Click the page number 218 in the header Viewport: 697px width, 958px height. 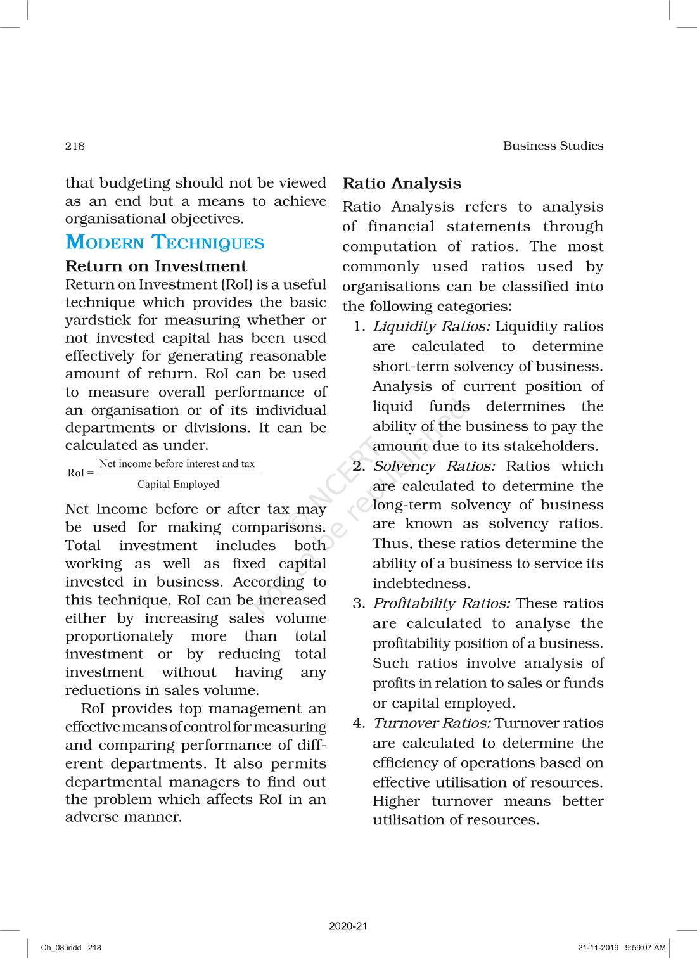click(75, 146)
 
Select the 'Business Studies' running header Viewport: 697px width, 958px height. click(553, 146)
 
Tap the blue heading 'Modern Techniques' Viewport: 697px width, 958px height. click(165, 243)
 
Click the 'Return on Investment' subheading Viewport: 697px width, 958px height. click(156, 266)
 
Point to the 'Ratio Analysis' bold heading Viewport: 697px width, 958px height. click(402, 184)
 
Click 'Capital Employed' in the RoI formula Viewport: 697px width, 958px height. click(178, 485)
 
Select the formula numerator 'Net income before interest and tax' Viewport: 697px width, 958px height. click(177, 464)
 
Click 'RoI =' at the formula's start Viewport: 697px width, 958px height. click(80, 473)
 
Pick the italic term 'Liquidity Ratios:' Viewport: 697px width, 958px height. click(431, 327)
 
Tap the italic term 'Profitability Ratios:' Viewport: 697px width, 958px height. click(442, 604)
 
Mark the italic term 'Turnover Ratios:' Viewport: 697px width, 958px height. click(432, 724)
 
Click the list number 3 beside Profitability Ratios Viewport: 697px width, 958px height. click(359, 604)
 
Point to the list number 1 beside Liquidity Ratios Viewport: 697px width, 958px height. click(359, 327)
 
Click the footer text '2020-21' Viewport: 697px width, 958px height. click(348, 926)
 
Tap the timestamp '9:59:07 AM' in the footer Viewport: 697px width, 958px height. click(645, 948)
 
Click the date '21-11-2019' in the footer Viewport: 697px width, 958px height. click(599, 948)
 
